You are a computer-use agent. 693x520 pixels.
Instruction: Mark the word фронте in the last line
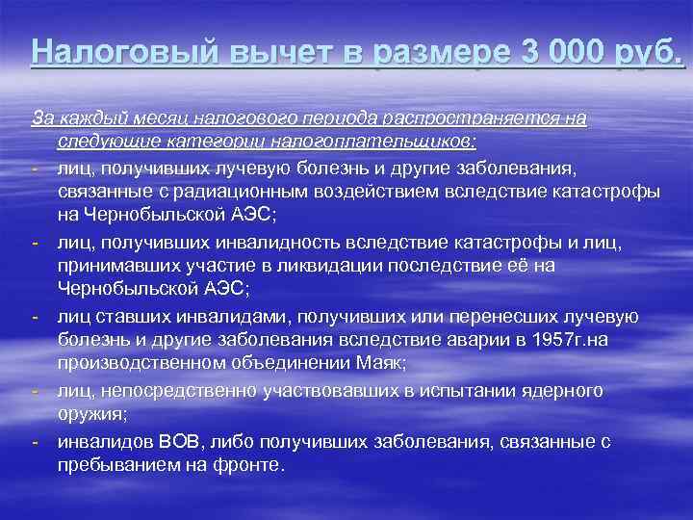tap(255, 463)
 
